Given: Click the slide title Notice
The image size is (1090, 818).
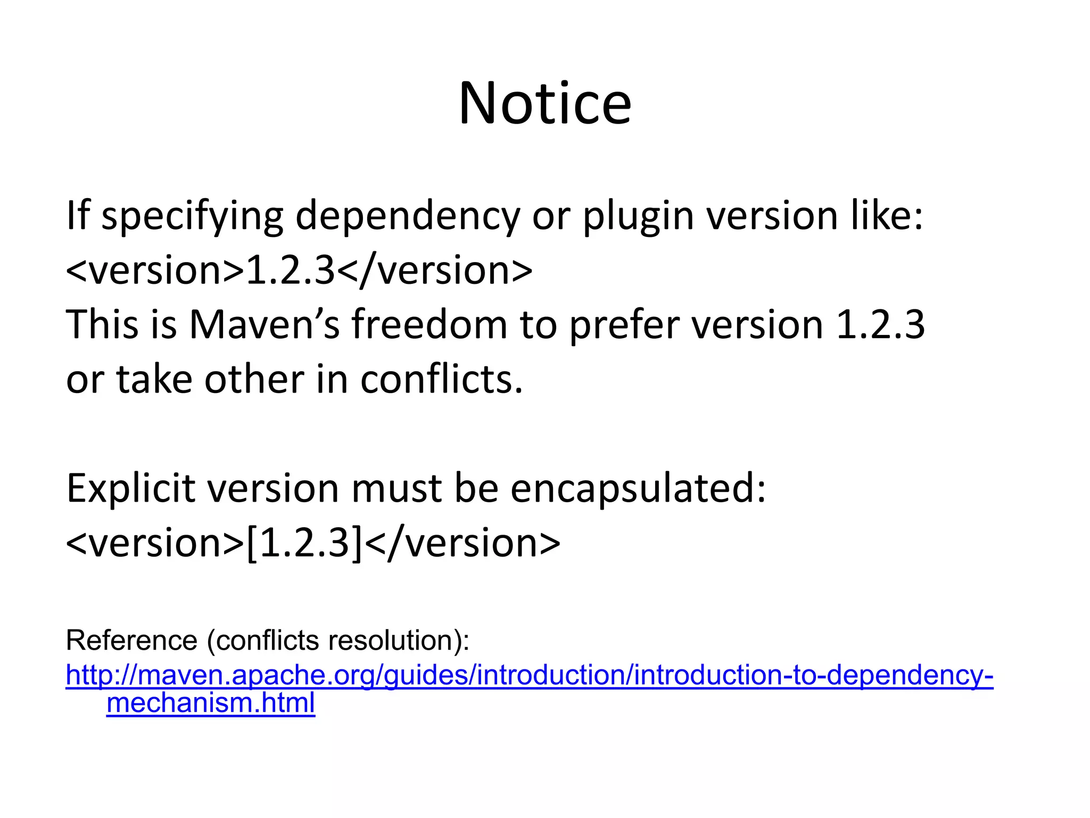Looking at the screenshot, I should [545, 103].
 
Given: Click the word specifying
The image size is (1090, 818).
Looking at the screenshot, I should [192, 217].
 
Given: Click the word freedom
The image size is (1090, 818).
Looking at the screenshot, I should [429, 324].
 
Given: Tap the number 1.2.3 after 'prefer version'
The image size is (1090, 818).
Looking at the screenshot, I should [880, 324].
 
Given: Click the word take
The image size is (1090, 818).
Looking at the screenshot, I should [154, 379].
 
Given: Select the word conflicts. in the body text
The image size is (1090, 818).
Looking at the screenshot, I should [442, 379].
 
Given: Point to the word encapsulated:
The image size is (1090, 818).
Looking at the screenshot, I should [638, 489].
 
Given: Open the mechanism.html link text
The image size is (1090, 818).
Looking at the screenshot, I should [211, 702].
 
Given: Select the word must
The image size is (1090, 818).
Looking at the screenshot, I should [397, 489].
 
